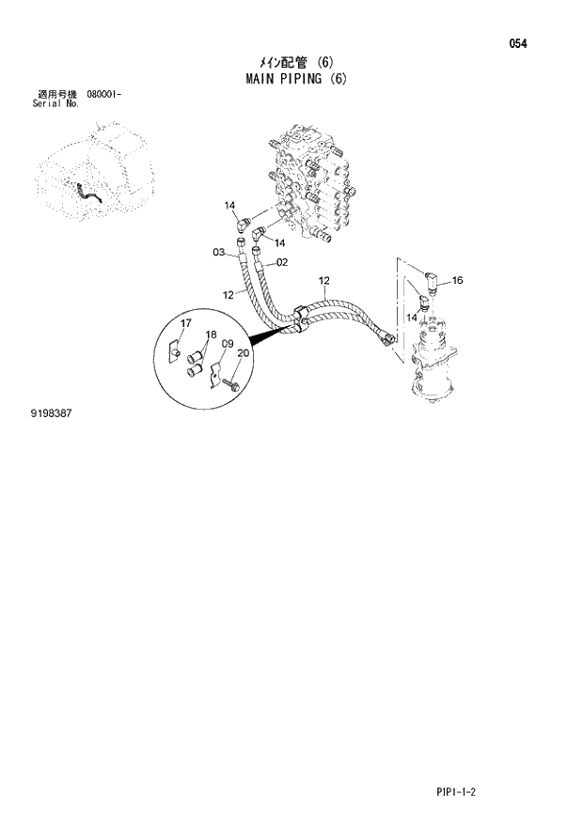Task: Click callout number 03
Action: [x=218, y=252]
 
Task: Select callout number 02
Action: [x=282, y=262]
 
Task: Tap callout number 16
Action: [x=457, y=280]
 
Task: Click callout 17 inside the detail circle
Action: [x=186, y=324]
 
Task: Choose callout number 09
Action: [x=227, y=344]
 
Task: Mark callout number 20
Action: [x=244, y=353]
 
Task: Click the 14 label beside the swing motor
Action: [x=411, y=318]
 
